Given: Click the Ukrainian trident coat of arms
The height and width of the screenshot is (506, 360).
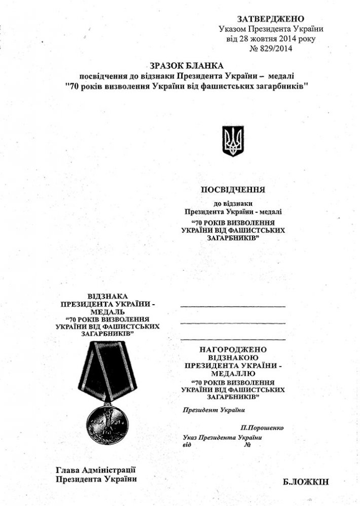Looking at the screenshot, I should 233,141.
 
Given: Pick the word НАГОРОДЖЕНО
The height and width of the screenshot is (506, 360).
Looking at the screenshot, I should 233,350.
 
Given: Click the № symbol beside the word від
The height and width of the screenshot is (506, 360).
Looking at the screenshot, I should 248,445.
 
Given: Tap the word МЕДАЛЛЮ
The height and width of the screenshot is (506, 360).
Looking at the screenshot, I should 233,373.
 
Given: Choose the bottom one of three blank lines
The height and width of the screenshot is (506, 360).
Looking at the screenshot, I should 233,339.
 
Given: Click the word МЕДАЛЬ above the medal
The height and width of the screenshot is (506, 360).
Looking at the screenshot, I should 107,312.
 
